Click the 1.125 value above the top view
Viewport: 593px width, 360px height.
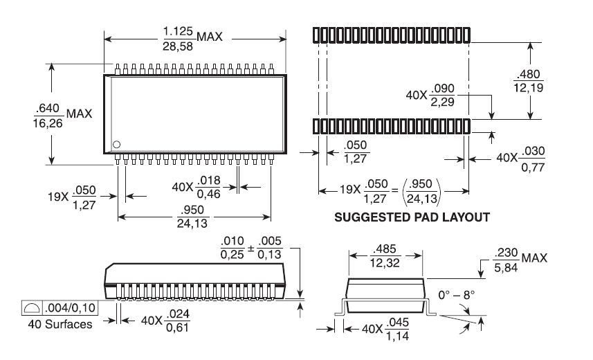click(x=178, y=30)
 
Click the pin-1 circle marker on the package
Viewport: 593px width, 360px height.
click(x=116, y=144)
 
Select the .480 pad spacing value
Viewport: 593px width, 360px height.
click(x=530, y=75)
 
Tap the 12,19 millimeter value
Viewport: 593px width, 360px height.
click(x=530, y=89)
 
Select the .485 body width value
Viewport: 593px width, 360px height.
click(x=384, y=250)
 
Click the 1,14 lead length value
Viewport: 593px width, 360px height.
click(x=396, y=336)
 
